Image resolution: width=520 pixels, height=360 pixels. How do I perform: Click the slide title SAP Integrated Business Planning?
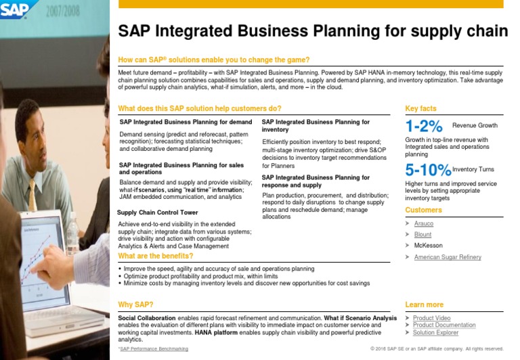[313, 31]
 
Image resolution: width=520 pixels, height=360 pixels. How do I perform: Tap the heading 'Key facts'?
[420, 108]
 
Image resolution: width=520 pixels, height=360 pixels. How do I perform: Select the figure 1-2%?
[424, 126]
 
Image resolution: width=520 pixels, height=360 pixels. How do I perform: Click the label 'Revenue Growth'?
[475, 126]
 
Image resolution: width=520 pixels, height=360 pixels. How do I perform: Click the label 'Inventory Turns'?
[473, 169]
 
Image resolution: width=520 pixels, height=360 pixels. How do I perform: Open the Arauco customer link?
[424, 223]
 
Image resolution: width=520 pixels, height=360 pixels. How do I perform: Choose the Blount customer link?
[422, 235]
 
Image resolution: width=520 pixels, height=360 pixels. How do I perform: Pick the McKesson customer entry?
[427, 246]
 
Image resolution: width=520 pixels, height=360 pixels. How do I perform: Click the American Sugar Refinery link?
[448, 257]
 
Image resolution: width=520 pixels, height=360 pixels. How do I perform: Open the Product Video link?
[431, 318]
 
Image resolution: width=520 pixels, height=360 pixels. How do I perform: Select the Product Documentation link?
[444, 325]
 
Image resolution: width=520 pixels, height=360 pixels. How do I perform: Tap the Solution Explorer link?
[435, 333]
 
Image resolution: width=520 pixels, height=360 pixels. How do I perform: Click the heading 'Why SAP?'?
[135, 305]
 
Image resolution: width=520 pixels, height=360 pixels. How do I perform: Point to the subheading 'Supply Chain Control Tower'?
[158, 212]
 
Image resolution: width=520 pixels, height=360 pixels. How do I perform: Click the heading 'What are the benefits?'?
[156, 256]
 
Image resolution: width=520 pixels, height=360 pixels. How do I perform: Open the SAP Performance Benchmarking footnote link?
[154, 349]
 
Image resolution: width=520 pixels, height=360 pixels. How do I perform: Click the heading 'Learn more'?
[424, 305]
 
